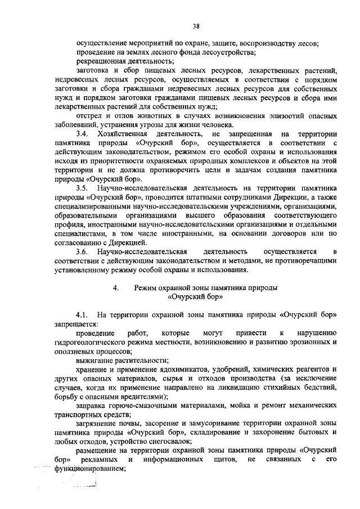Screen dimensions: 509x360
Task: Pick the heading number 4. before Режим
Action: click(115, 287)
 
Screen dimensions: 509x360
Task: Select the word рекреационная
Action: click(102, 61)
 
